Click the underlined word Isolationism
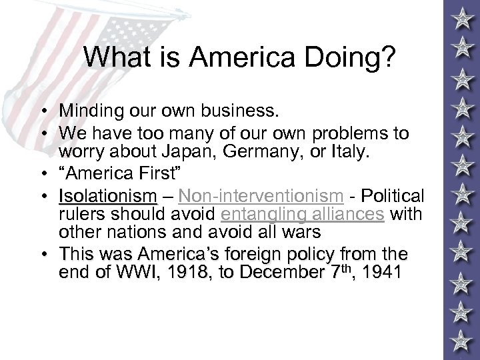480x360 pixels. (x=108, y=197)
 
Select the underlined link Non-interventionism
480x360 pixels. (x=261, y=197)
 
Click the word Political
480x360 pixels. (x=394, y=197)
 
